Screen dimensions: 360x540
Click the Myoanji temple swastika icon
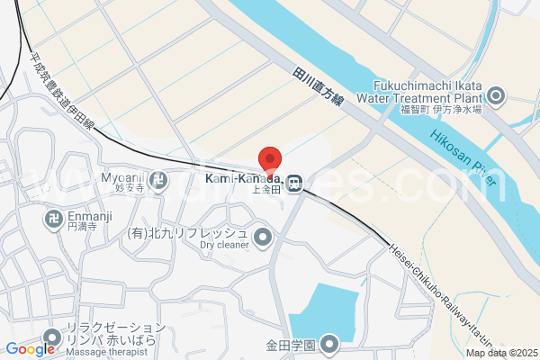tap(159, 179)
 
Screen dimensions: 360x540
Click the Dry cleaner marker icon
tap(263, 238)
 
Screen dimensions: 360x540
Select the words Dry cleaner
tap(224, 244)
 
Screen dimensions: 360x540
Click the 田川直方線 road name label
tap(319, 89)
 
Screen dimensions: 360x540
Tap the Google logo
tap(30, 349)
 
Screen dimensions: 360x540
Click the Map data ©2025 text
tap(501, 353)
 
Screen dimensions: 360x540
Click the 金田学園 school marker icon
tap(329, 344)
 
